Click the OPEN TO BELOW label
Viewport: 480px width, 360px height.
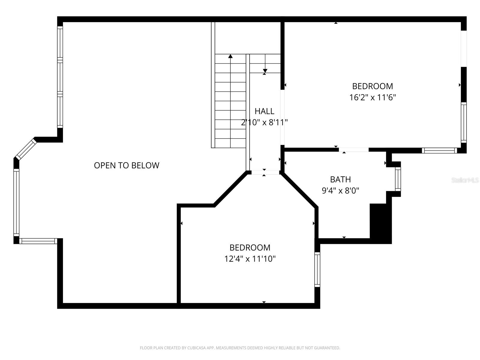[126, 165]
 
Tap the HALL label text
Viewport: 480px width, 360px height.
[264, 111]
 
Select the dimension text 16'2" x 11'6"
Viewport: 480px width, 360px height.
[373, 97]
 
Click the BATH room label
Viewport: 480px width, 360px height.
[340, 179]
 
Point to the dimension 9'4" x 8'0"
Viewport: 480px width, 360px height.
[340, 190]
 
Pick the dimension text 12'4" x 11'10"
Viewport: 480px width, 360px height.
[250, 259]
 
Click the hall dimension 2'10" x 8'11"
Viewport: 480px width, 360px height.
[264, 122]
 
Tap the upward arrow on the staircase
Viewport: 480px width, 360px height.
[230, 56]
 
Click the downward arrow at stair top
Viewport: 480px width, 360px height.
[265, 71]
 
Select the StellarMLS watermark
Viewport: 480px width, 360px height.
[465, 180]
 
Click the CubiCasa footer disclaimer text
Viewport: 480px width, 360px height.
[240, 348]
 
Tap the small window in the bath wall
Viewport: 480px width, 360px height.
[398, 179]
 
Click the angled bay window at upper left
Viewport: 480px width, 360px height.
[25, 149]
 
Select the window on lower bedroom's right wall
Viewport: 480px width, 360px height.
[317, 269]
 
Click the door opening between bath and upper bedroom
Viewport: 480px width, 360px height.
[353, 150]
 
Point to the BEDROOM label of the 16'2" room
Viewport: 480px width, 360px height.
[372, 86]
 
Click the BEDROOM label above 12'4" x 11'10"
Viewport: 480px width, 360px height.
[250, 247]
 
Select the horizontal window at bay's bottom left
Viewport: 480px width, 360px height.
[38, 241]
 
